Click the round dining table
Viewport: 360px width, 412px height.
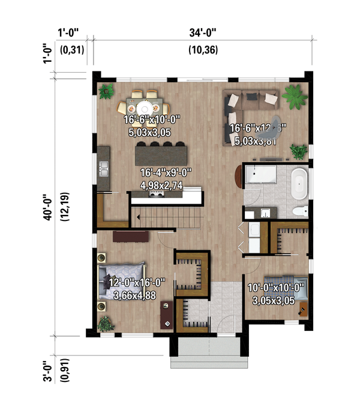pos(143,104)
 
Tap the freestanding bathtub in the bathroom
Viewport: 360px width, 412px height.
pos(298,184)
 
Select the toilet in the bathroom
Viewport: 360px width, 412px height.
pos(301,211)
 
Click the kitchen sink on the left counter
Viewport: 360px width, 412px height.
pos(103,172)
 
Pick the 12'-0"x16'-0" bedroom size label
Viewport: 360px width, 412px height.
pos(141,282)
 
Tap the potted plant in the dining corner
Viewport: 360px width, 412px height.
pos(107,91)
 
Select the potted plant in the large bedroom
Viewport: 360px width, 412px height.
pos(106,324)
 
